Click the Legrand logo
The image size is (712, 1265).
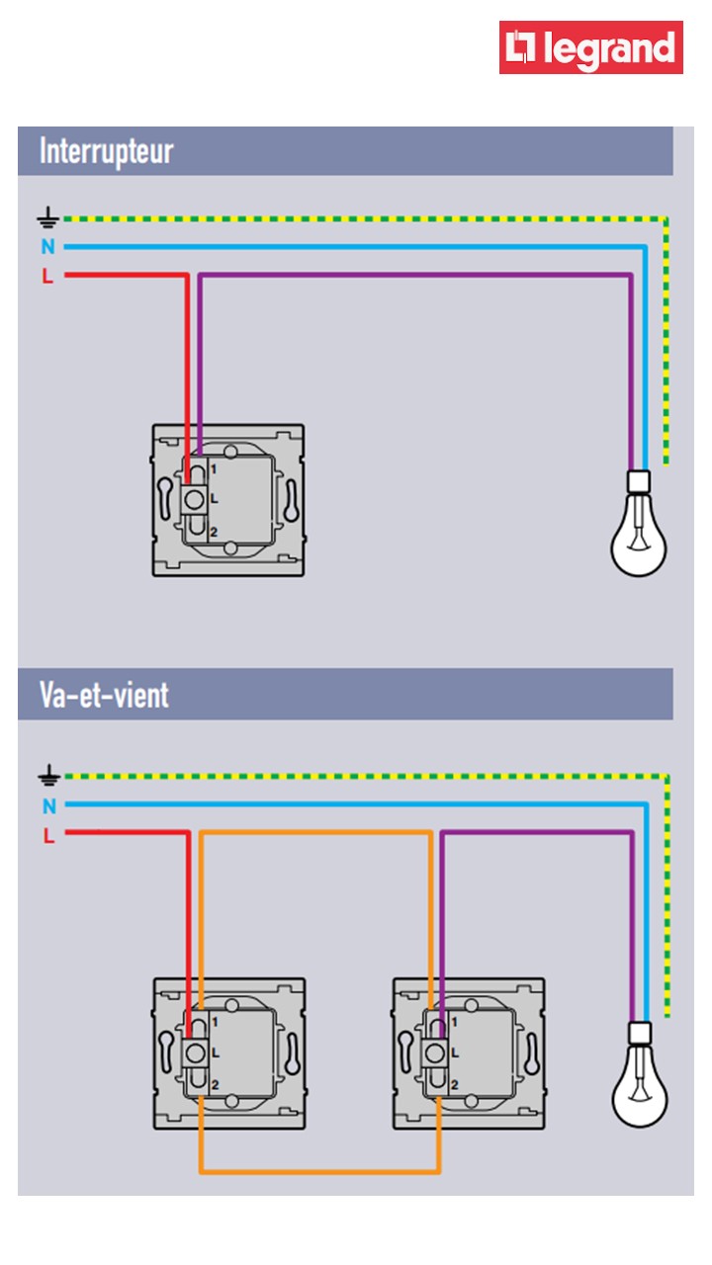[590, 47]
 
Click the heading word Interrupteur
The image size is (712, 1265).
[106, 152]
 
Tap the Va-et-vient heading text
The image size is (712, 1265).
[104, 695]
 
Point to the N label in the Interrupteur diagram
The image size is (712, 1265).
[47, 247]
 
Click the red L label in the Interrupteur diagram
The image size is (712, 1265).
[47, 277]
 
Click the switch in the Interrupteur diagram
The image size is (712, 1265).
[227, 500]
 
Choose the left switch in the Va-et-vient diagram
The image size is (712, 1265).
[228, 1053]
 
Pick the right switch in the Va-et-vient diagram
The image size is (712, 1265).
[469, 1053]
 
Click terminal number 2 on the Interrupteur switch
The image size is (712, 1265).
[213, 533]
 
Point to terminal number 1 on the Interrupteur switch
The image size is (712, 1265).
[213, 468]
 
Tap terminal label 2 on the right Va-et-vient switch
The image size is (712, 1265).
[454, 1085]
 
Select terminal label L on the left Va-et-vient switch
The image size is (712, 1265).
[215, 1053]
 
